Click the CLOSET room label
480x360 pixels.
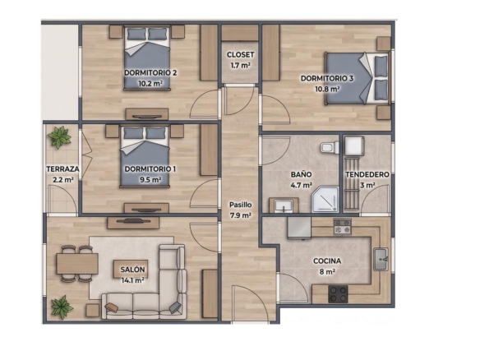click(x=240, y=55)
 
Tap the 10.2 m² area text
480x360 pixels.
click(x=150, y=83)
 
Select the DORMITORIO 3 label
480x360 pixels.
click(x=327, y=78)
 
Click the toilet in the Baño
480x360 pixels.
click(x=330, y=148)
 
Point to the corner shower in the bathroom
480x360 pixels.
click(x=325, y=199)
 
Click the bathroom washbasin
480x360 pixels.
click(x=284, y=205)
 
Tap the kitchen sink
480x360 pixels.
click(x=381, y=259)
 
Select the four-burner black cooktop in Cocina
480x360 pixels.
click(x=338, y=294)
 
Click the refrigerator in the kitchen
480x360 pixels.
click(x=299, y=228)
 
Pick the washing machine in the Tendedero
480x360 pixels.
click(x=354, y=146)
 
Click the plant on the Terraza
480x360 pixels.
click(x=59, y=136)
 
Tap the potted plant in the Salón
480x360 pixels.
click(x=62, y=307)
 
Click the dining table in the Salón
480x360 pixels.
click(x=77, y=264)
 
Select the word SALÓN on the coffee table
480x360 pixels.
click(x=132, y=270)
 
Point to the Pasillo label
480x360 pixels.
click(x=241, y=205)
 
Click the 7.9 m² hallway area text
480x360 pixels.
click(x=241, y=215)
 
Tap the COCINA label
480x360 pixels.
click(x=327, y=261)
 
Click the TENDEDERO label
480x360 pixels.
click(x=367, y=174)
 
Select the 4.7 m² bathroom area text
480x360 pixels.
click(x=301, y=185)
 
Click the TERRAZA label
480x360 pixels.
click(x=62, y=169)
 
